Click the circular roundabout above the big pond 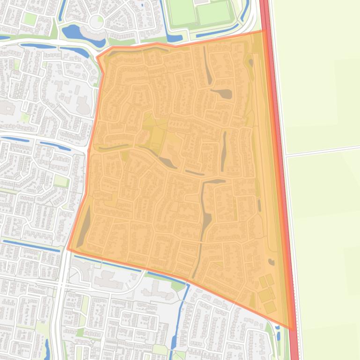point(96,21)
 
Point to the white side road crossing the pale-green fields point(323,151)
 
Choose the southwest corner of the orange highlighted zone point(68,249)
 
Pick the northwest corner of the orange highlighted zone point(97,58)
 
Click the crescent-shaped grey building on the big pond point(89,34)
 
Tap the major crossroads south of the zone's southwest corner point(61,283)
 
